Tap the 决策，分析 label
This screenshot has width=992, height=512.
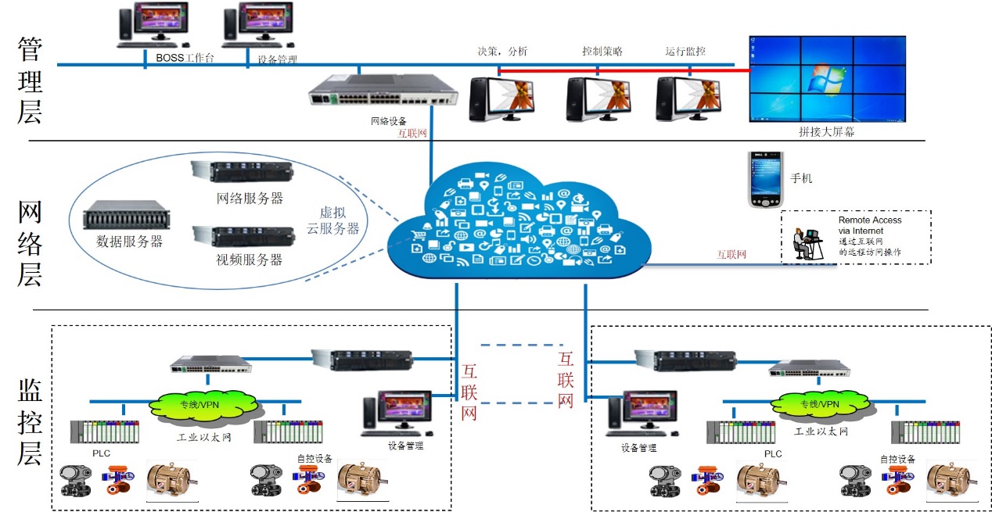tap(502, 52)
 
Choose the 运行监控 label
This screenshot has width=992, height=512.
tap(685, 52)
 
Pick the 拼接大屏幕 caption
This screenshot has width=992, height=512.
tap(826, 132)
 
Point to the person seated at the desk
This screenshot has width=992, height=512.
tap(800, 243)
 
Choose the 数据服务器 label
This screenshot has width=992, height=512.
tap(130, 242)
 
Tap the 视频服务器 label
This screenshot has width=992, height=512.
tap(250, 260)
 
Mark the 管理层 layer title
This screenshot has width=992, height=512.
tap(30, 81)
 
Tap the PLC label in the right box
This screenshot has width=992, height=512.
tap(772, 453)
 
